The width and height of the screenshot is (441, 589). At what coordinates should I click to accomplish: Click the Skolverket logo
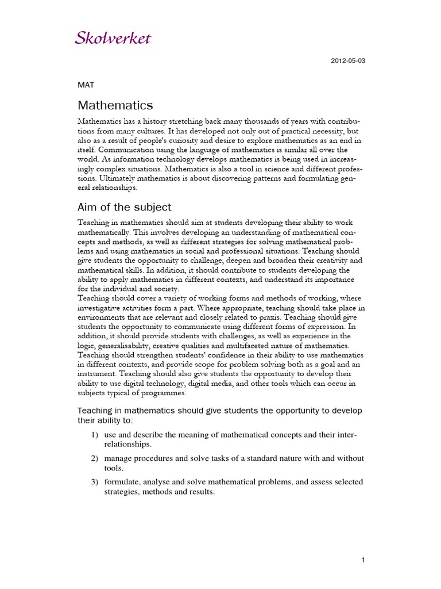pos(113,39)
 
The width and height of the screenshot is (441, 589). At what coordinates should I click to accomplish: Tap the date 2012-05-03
pos(348,61)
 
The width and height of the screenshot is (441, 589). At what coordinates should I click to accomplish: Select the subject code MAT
pos(86,85)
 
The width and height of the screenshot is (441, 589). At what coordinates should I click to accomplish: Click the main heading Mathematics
pos(115,105)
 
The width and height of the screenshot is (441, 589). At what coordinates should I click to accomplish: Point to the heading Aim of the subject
pos(124,207)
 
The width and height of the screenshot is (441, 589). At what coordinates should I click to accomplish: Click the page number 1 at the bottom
pos(363,560)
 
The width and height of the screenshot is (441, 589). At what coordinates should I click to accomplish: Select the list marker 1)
pos(95,435)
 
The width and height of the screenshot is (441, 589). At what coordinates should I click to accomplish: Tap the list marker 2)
pos(95,458)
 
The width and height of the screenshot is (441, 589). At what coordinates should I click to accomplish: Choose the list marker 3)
pos(95,481)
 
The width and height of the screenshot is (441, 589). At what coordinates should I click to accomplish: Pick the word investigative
pos(102,308)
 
